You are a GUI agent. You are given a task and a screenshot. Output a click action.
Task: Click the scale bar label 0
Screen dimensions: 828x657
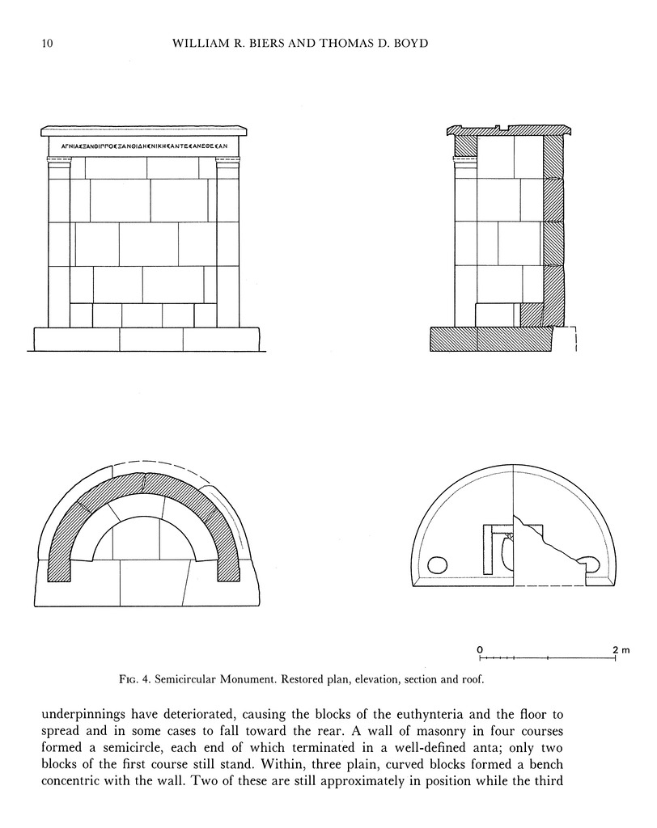tap(480, 650)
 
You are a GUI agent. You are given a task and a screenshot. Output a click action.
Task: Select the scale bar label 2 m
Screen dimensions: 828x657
tap(621, 650)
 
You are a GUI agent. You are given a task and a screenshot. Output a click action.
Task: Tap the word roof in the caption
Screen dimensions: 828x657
tap(471, 680)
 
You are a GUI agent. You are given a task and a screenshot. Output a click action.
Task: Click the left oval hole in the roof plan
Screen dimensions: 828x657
tap(437, 564)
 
